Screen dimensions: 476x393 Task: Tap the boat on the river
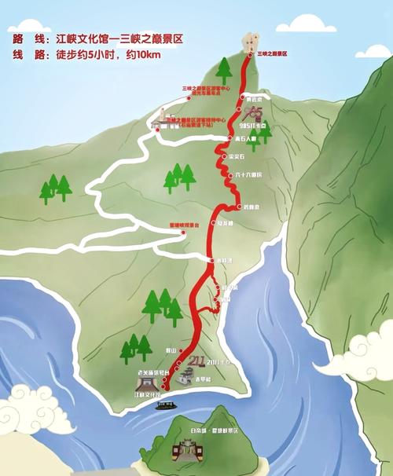(x=165, y=405)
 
